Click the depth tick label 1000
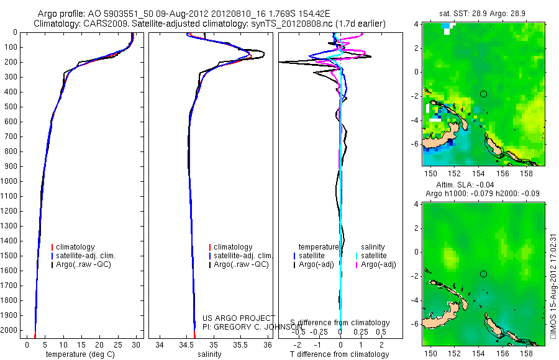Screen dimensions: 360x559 point(10,181)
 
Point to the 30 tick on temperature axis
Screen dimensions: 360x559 point(137,343)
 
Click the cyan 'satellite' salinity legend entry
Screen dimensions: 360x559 point(374,256)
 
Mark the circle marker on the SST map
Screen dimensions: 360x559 point(483,94)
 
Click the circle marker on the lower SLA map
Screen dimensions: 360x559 point(483,274)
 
